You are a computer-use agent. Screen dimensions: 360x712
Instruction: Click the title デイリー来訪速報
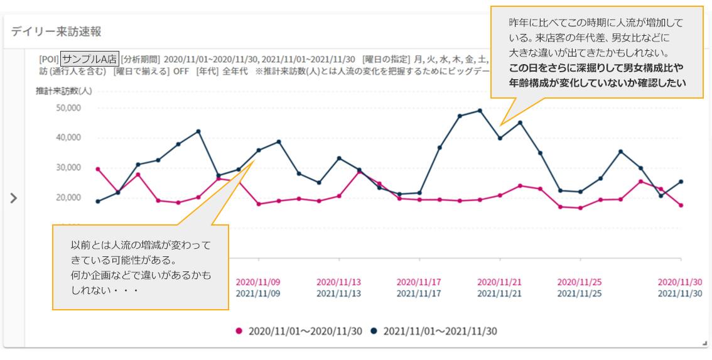tap(57, 32)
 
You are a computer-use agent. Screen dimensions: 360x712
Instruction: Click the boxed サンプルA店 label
tap(89, 59)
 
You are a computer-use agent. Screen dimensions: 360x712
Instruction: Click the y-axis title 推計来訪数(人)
tap(64, 91)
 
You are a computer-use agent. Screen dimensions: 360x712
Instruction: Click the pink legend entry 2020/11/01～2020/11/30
tap(299, 331)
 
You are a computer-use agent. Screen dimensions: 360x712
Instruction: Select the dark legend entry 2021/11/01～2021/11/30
tap(433, 331)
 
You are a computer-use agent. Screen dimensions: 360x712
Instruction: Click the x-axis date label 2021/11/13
tap(338, 293)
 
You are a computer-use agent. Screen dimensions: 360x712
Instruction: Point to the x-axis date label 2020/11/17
tap(419, 282)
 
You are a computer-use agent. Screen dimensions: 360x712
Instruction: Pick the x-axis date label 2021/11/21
tap(499, 293)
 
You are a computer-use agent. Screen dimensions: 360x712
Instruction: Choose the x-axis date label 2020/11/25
tap(580, 282)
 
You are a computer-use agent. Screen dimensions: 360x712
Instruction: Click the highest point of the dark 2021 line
tap(480, 111)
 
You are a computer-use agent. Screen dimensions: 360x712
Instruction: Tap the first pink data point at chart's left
tap(97, 169)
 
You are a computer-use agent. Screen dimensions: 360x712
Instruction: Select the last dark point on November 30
tap(681, 182)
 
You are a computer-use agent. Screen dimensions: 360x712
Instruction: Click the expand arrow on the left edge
tap(14, 198)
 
